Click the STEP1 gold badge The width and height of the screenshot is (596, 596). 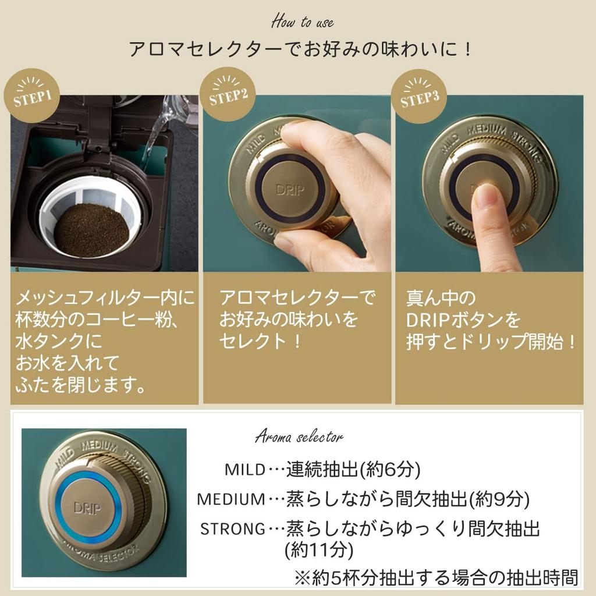pos(33,97)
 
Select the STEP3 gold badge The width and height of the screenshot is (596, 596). pos(419,97)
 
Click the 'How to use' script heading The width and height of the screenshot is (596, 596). pos(303,22)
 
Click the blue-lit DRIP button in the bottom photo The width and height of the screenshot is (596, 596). pos(87,508)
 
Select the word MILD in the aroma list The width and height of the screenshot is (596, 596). pos(246,470)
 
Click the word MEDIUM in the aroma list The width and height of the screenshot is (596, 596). pos(231,499)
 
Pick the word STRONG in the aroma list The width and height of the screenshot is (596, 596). pos(233,528)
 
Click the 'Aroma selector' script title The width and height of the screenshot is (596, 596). pos(299,437)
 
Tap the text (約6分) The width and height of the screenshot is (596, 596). pos(389,470)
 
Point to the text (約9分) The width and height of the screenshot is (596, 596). pos(498,499)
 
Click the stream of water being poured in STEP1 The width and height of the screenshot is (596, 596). pos(154,137)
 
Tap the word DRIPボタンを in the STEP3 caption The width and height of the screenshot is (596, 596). pos(463,320)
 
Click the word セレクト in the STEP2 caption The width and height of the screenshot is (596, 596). pos(253,341)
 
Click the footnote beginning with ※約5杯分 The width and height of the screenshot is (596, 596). pos(437,578)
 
